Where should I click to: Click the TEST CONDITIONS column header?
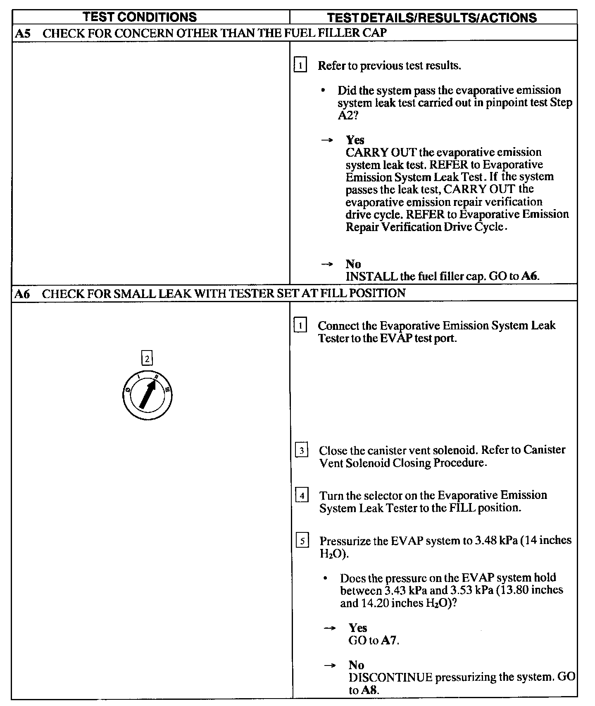point(139,17)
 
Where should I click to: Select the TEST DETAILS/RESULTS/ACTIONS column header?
point(432,17)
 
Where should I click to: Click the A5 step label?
point(23,33)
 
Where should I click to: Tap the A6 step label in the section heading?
point(23,293)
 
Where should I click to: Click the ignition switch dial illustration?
point(147,395)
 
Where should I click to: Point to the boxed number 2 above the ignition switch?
point(147,358)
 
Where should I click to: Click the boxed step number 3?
point(302,450)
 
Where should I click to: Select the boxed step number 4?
point(302,495)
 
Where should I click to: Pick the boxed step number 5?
point(302,541)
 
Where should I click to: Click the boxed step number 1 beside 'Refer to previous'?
point(300,65)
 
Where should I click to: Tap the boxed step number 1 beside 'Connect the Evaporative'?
point(300,326)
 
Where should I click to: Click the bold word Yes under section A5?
point(355,140)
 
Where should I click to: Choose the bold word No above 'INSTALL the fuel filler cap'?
point(353,264)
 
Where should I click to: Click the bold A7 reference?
point(389,640)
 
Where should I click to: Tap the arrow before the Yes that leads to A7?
point(329,628)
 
